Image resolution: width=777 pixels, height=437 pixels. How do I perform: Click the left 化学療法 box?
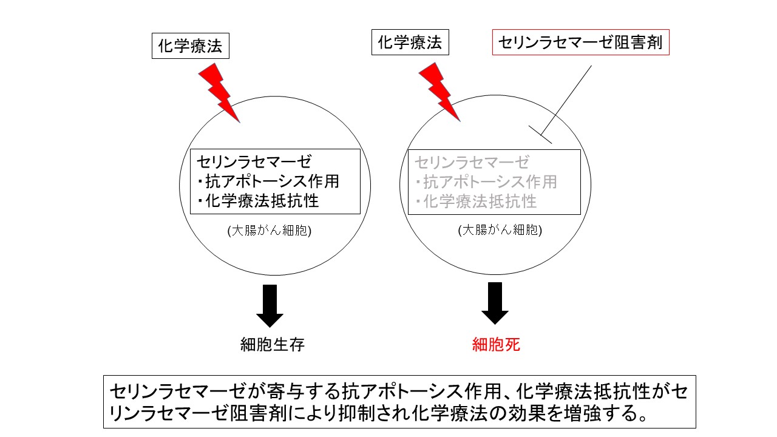(x=190, y=46)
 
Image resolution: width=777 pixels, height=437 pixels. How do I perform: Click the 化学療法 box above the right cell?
(x=410, y=42)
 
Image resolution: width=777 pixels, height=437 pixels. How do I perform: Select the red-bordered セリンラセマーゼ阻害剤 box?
(x=580, y=42)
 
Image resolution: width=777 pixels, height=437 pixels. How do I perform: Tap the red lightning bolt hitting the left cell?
(x=219, y=92)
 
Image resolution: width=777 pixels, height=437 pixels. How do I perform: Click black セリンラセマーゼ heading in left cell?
(x=254, y=162)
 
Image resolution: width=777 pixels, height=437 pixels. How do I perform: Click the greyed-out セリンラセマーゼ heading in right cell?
(x=472, y=162)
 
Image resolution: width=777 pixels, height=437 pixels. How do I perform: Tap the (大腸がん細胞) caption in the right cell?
(x=500, y=231)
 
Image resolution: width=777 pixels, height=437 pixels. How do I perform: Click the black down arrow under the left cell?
(x=270, y=305)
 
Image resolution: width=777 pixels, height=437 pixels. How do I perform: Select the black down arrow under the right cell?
(x=495, y=303)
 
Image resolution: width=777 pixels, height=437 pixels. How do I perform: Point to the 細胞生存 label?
(x=272, y=345)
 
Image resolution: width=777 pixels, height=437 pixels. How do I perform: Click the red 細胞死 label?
(x=496, y=345)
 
